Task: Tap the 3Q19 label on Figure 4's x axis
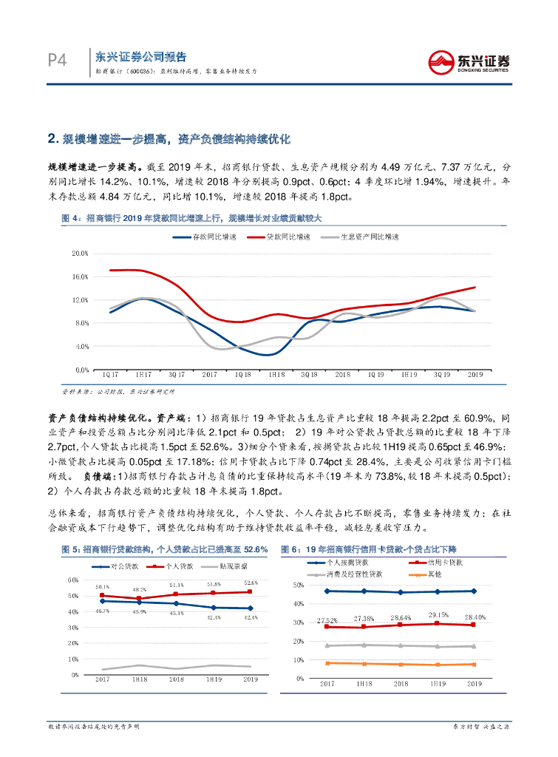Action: pyautogui.click(x=441, y=376)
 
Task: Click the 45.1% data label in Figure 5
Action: pyautogui.click(x=177, y=614)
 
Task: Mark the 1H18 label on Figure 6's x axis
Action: pyautogui.click(x=363, y=685)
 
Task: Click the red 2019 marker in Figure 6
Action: pyautogui.click(x=474, y=625)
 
